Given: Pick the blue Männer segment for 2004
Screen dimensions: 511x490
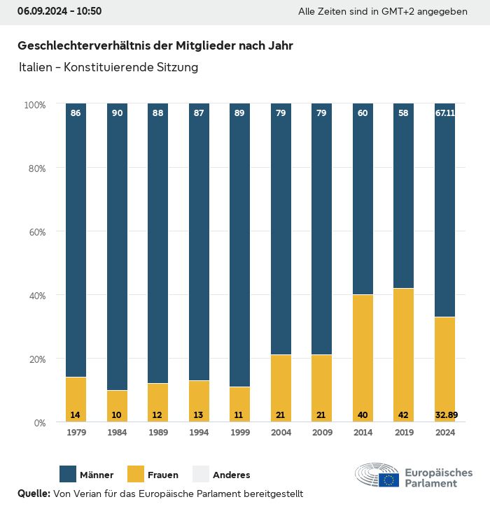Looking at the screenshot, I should click(281, 231).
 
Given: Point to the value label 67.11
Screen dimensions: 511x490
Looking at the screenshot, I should click(445, 113).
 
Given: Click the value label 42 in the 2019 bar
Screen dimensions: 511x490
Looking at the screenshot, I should click(404, 415).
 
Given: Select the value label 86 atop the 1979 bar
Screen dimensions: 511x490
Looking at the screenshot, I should click(76, 113).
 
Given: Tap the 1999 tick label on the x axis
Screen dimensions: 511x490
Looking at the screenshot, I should click(240, 433).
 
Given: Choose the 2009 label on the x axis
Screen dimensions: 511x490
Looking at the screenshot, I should click(322, 433).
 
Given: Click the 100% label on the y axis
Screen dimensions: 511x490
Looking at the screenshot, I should click(34, 104).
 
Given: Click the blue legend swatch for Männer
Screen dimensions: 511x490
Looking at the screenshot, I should click(68, 475).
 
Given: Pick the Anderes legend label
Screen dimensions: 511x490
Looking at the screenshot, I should click(231, 475).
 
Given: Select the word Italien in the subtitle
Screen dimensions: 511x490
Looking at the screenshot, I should click(36, 68).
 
